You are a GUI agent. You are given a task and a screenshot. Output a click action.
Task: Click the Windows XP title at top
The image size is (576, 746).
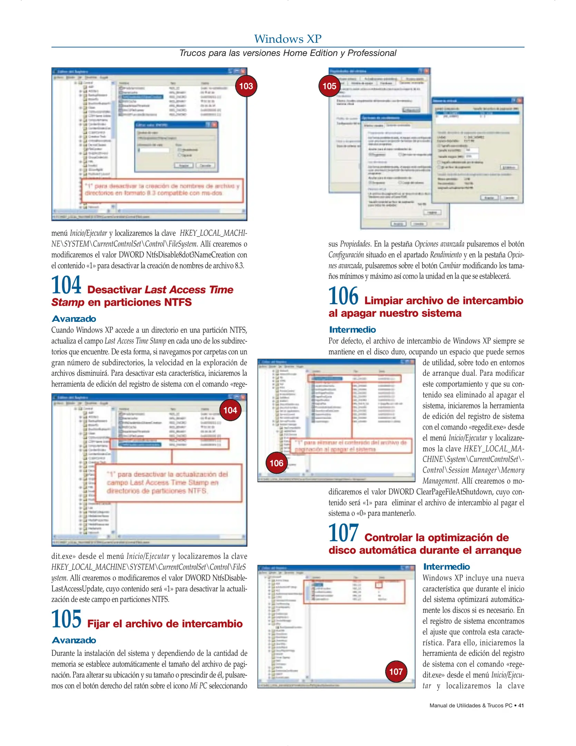288,39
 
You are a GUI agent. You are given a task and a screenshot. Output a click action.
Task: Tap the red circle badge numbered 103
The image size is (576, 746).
246,86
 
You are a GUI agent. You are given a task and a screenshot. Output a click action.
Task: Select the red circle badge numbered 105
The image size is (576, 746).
329,86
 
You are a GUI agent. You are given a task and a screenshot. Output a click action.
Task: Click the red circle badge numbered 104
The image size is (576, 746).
230,410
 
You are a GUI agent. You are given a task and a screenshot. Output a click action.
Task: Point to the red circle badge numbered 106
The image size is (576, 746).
276,463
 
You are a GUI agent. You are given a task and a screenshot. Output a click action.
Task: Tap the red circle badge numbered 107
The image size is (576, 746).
396,671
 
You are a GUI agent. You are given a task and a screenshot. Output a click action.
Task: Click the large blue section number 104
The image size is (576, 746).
66,285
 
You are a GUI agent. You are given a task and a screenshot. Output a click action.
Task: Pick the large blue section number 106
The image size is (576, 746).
343,296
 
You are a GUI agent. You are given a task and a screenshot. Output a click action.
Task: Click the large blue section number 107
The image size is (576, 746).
343,533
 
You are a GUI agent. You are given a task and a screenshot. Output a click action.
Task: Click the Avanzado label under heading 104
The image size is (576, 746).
74,319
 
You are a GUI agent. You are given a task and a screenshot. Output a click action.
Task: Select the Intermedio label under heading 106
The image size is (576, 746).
352,329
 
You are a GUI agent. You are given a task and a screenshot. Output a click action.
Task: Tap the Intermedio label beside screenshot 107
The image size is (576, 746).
446,567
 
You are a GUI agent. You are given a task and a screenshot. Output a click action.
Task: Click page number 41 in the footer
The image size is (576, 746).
521,706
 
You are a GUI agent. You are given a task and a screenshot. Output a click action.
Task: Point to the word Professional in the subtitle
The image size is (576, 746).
372,53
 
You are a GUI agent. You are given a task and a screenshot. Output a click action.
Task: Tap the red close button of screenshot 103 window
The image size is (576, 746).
243,71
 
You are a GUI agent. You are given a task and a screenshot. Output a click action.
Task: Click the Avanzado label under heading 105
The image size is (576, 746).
74,640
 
